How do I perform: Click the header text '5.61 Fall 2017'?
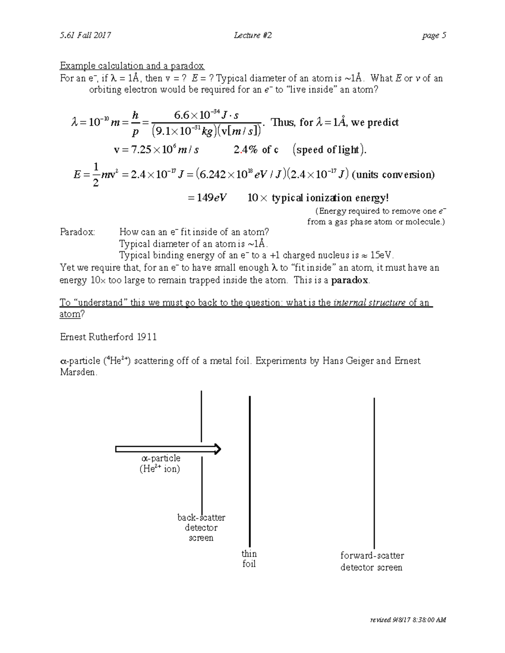click(x=85, y=35)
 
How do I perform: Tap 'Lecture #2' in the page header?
click(x=252, y=35)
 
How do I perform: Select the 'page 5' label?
click(x=434, y=35)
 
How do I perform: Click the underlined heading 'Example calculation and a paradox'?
click(x=132, y=66)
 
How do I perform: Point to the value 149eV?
click(x=211, y=198)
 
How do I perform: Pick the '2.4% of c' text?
click(x=256, y=150)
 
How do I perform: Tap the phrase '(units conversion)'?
click(x=393, y=174)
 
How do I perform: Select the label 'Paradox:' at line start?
click(x=77, y=232)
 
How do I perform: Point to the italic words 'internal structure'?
click(x=369, y=303)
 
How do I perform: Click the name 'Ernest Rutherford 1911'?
click(x=108, y=337)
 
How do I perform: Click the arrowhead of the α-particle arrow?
click(x=217, y=449)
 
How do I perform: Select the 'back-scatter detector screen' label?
click(x=201, y=528)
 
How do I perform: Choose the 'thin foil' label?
click(x=249, y=559)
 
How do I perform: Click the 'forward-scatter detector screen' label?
click(x=372, y=561)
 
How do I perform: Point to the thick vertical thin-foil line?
click(x=250, y=471)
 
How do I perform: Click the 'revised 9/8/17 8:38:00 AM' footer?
click(x=408, y=620)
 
